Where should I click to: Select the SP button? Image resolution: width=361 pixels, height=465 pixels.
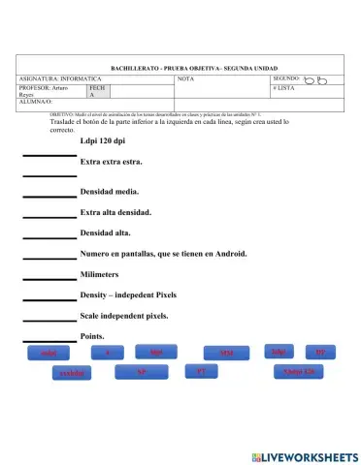[x=142, y=371]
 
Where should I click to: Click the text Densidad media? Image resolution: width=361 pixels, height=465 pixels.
[x=110, y=191]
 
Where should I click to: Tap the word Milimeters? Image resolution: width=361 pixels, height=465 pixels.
[x=106, y=275]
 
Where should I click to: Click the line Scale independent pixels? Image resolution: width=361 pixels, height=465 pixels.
[x=124, y=316]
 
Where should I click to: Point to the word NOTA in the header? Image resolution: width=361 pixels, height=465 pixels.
[x=185, y=78]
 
